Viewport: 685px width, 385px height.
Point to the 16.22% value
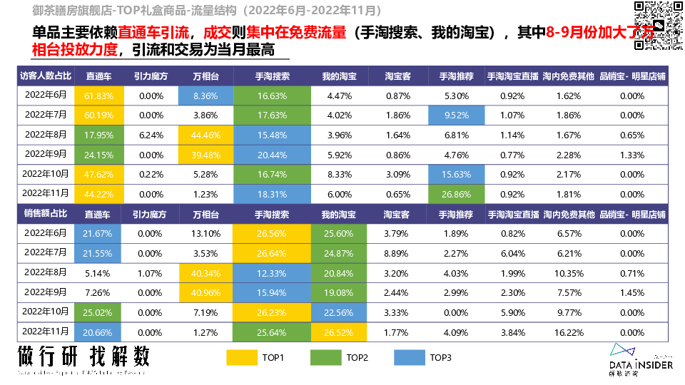tap(569, 332)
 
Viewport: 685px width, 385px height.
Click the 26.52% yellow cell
tap(338, 332)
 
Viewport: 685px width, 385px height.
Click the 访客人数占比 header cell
tap(45, 76)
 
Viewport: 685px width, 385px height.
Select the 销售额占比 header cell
tap(45, 214)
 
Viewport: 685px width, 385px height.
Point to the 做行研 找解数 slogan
tap(84, 356)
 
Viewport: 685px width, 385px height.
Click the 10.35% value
tap(569, 273)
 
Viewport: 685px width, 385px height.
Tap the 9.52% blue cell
tap(456, 115)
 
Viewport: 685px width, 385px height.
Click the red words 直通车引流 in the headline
tap(153, 34)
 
